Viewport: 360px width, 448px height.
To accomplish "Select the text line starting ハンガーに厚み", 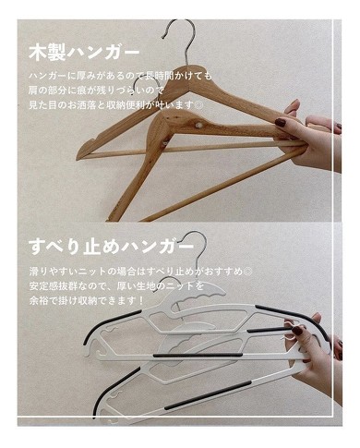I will pos(120,73).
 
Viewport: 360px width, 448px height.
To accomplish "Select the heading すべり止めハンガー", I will pos(111,248).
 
